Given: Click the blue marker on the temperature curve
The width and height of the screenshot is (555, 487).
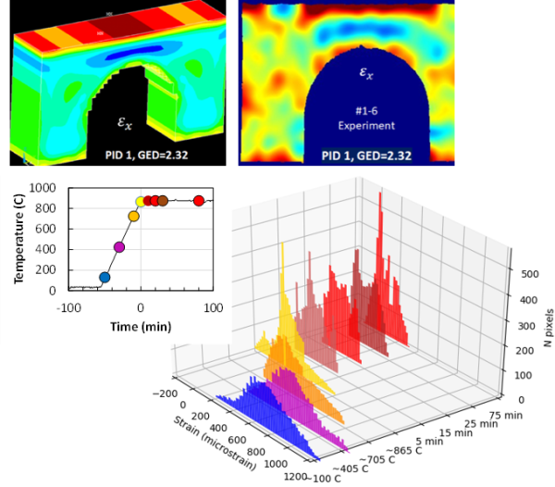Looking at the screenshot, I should (105, 277).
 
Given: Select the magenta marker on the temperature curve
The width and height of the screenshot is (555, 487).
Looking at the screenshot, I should (118, 247).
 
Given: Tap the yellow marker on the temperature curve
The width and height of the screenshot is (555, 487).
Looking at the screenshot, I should (141, 202).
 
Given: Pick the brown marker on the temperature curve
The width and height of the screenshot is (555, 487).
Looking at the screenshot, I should (163, 201).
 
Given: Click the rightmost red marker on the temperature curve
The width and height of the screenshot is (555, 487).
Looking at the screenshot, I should (198, 201).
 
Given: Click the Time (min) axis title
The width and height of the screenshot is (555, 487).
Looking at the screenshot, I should (140, 326).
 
